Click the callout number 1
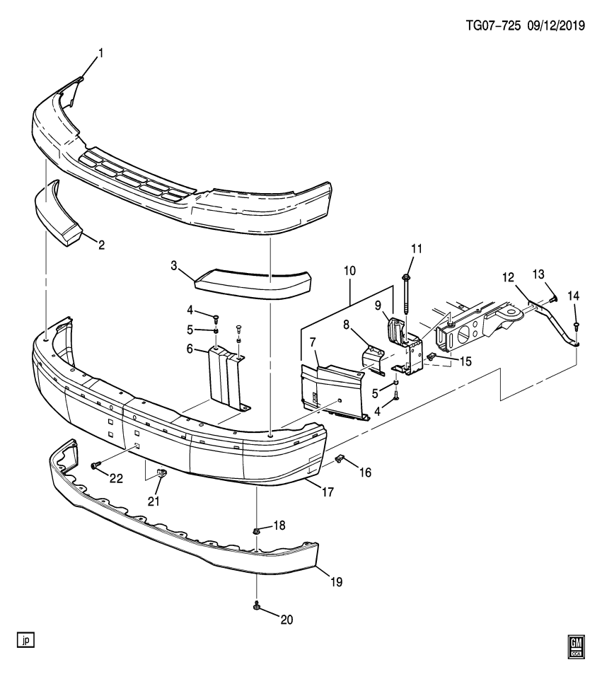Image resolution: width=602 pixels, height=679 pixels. coord(100,52)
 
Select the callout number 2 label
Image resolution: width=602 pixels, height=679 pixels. coord(101,245)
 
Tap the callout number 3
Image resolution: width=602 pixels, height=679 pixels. coord(173,265)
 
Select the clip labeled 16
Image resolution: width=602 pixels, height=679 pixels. coord(340,460)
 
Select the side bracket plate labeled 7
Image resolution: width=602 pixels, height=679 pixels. coord(332,393)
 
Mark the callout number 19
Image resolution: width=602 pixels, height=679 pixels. coord(335,582)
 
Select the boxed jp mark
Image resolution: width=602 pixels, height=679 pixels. coord(26,640)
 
